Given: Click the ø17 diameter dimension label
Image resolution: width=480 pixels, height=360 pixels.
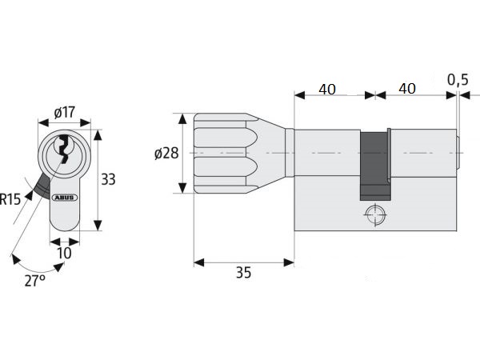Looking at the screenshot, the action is (x=64, y=112).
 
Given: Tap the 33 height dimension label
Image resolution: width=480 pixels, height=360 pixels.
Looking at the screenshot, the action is (x=108, y=179).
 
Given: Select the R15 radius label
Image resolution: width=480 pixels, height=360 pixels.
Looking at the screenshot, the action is (x=10, y=199).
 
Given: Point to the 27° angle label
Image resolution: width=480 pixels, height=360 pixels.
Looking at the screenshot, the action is (x=35, y=281).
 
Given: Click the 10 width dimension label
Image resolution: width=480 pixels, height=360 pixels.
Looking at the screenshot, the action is (x=64, y=253).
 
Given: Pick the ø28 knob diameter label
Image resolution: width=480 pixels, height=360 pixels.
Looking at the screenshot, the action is (x=166, y=153).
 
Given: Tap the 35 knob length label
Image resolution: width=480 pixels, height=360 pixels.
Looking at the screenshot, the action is (x=243, y=273).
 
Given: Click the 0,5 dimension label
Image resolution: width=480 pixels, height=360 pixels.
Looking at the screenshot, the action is (x=458, y=79).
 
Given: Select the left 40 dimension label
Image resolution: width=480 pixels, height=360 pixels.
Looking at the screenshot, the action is (x=327, y=90).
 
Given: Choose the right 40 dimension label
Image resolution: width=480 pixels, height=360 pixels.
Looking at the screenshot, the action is (x=407, y=89).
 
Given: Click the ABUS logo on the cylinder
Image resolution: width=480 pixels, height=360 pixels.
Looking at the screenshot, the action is (x=65, y=198).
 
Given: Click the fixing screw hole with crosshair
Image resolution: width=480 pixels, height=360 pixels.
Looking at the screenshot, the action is (x=374, y=214).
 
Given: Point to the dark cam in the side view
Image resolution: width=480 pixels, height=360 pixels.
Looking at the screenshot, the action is (x=375, y=166).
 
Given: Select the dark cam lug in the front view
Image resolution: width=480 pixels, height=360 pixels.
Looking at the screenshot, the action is (x=42, y=186).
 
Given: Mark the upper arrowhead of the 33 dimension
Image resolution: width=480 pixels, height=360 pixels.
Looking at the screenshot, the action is (x=98, y=134).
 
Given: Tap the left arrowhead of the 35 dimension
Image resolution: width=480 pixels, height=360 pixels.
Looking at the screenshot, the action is (x=199, y=262).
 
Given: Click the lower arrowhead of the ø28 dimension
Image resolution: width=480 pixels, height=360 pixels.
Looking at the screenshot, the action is (x=182, y=188).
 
